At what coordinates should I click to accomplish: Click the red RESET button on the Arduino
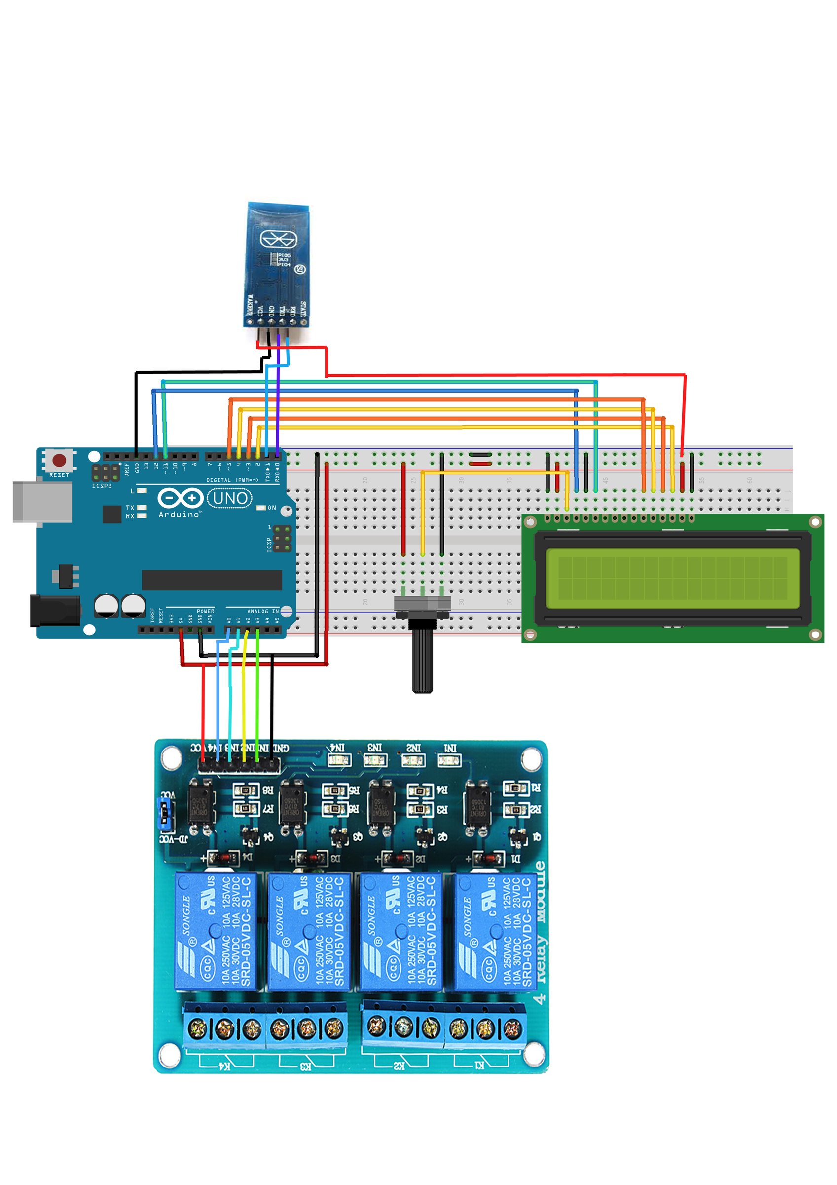(59, 460)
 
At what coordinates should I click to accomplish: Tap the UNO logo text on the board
(229, 498)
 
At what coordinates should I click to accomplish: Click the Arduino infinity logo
(180, 498)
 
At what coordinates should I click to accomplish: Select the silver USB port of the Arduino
(42, 502)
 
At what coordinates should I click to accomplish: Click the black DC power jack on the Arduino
(55, 611)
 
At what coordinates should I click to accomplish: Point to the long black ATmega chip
(212, 580)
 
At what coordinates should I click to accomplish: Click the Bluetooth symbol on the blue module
(279, 239)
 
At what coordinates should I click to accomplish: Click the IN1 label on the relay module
(450, 748)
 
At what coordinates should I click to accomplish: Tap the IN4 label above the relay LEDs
(337, 748)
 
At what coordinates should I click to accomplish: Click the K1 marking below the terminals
(479, 1065)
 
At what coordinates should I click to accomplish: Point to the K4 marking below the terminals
(225, 1065)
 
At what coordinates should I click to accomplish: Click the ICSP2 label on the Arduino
(102, 486)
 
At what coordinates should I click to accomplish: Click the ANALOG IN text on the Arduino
(262, 611)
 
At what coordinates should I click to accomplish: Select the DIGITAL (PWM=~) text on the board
(232, 480)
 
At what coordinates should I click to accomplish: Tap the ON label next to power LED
(272, 508)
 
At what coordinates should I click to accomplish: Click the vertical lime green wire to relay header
(257, 702)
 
